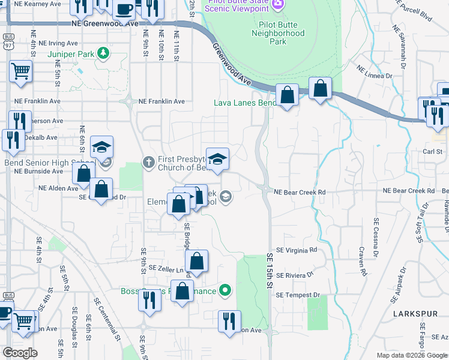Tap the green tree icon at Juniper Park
tap(104, 53)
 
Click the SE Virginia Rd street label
tap(296, 250)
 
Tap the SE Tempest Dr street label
tap(298, 295)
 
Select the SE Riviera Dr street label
tap(295, 274)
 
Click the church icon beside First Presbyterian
tap(149, 161)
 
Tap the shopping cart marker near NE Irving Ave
tap(20, 71)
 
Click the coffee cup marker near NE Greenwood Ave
tap(124, 10)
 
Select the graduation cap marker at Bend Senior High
tap(102, 147)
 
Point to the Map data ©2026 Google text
tap(411, 355)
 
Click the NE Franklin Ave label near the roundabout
tap(162, 101)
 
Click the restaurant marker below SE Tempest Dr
tap(229, 320)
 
